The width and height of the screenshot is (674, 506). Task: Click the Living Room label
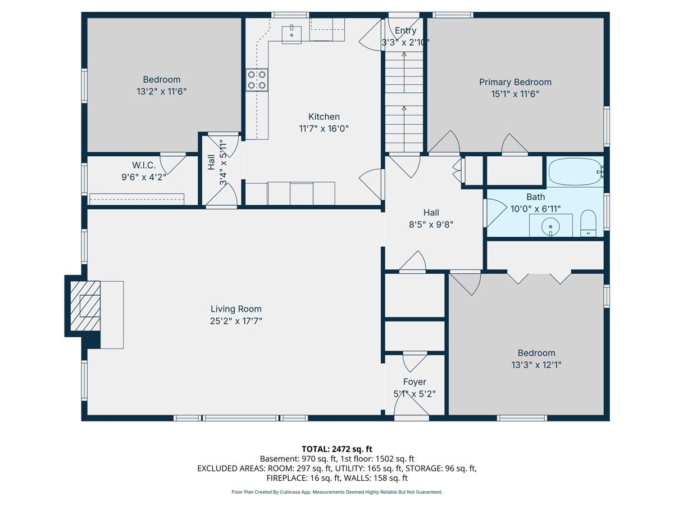[x=236, y=309]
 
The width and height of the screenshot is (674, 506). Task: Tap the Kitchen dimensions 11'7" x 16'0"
[x=324, y=128]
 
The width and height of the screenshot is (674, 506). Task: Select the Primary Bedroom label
[x=515, y=82]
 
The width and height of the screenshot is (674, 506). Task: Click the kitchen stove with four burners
[x=257, y=80]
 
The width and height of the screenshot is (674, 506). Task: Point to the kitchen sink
[x=292, y=34]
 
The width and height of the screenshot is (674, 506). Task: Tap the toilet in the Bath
[x=588, y=223]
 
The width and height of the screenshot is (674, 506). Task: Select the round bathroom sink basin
[x=550, y=227]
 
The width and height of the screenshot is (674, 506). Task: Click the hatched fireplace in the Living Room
[x=85, y=306]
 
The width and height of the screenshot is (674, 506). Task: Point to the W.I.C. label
[x=144, y=165]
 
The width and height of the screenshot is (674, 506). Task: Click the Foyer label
[x=415, y=382]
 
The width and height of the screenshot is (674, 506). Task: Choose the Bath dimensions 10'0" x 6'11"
[x=535, y=209]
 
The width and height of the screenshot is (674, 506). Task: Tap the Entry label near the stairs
[x=406, y=30]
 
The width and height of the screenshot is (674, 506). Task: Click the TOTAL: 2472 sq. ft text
[x=337, y=449]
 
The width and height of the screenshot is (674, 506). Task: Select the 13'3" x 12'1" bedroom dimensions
[x=536, y=365]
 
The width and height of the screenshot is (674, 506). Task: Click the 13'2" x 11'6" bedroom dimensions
[x=162, y=92]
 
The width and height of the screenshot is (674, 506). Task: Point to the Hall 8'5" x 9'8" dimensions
[x=431, y=224]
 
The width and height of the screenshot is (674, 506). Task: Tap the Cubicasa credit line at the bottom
[x=337, y=492]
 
